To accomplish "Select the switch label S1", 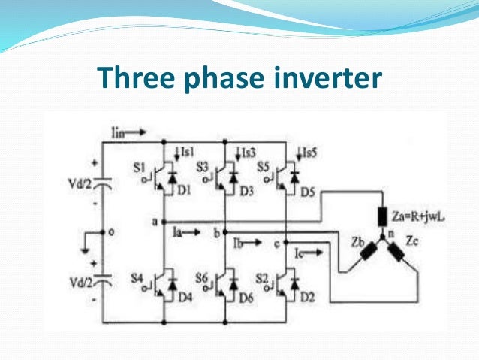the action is (138, 167).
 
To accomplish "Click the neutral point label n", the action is (390, 234).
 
